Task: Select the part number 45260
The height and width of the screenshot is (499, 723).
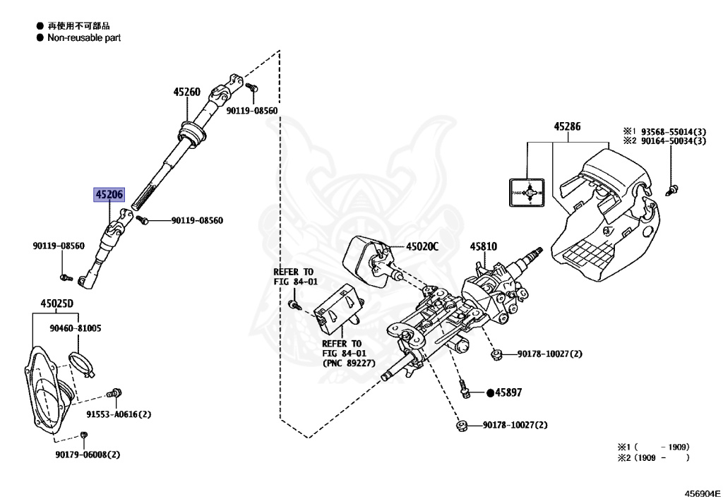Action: point(187,92)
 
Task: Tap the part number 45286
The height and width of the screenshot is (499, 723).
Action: point(567,127)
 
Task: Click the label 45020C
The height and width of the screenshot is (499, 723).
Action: point(422,247)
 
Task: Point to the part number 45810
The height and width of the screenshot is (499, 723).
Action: point(484,246)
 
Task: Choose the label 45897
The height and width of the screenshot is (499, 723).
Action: point(508,392)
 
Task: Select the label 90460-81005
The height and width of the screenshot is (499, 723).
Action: point(76,328)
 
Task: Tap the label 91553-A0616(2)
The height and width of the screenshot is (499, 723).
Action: point(119,414)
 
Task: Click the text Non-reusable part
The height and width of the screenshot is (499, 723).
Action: point(84,38)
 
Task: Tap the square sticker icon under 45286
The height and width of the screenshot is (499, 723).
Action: point(525,191)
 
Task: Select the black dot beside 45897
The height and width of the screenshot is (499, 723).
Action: point(489,392)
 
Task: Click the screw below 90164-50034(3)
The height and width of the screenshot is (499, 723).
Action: point(672,188)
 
